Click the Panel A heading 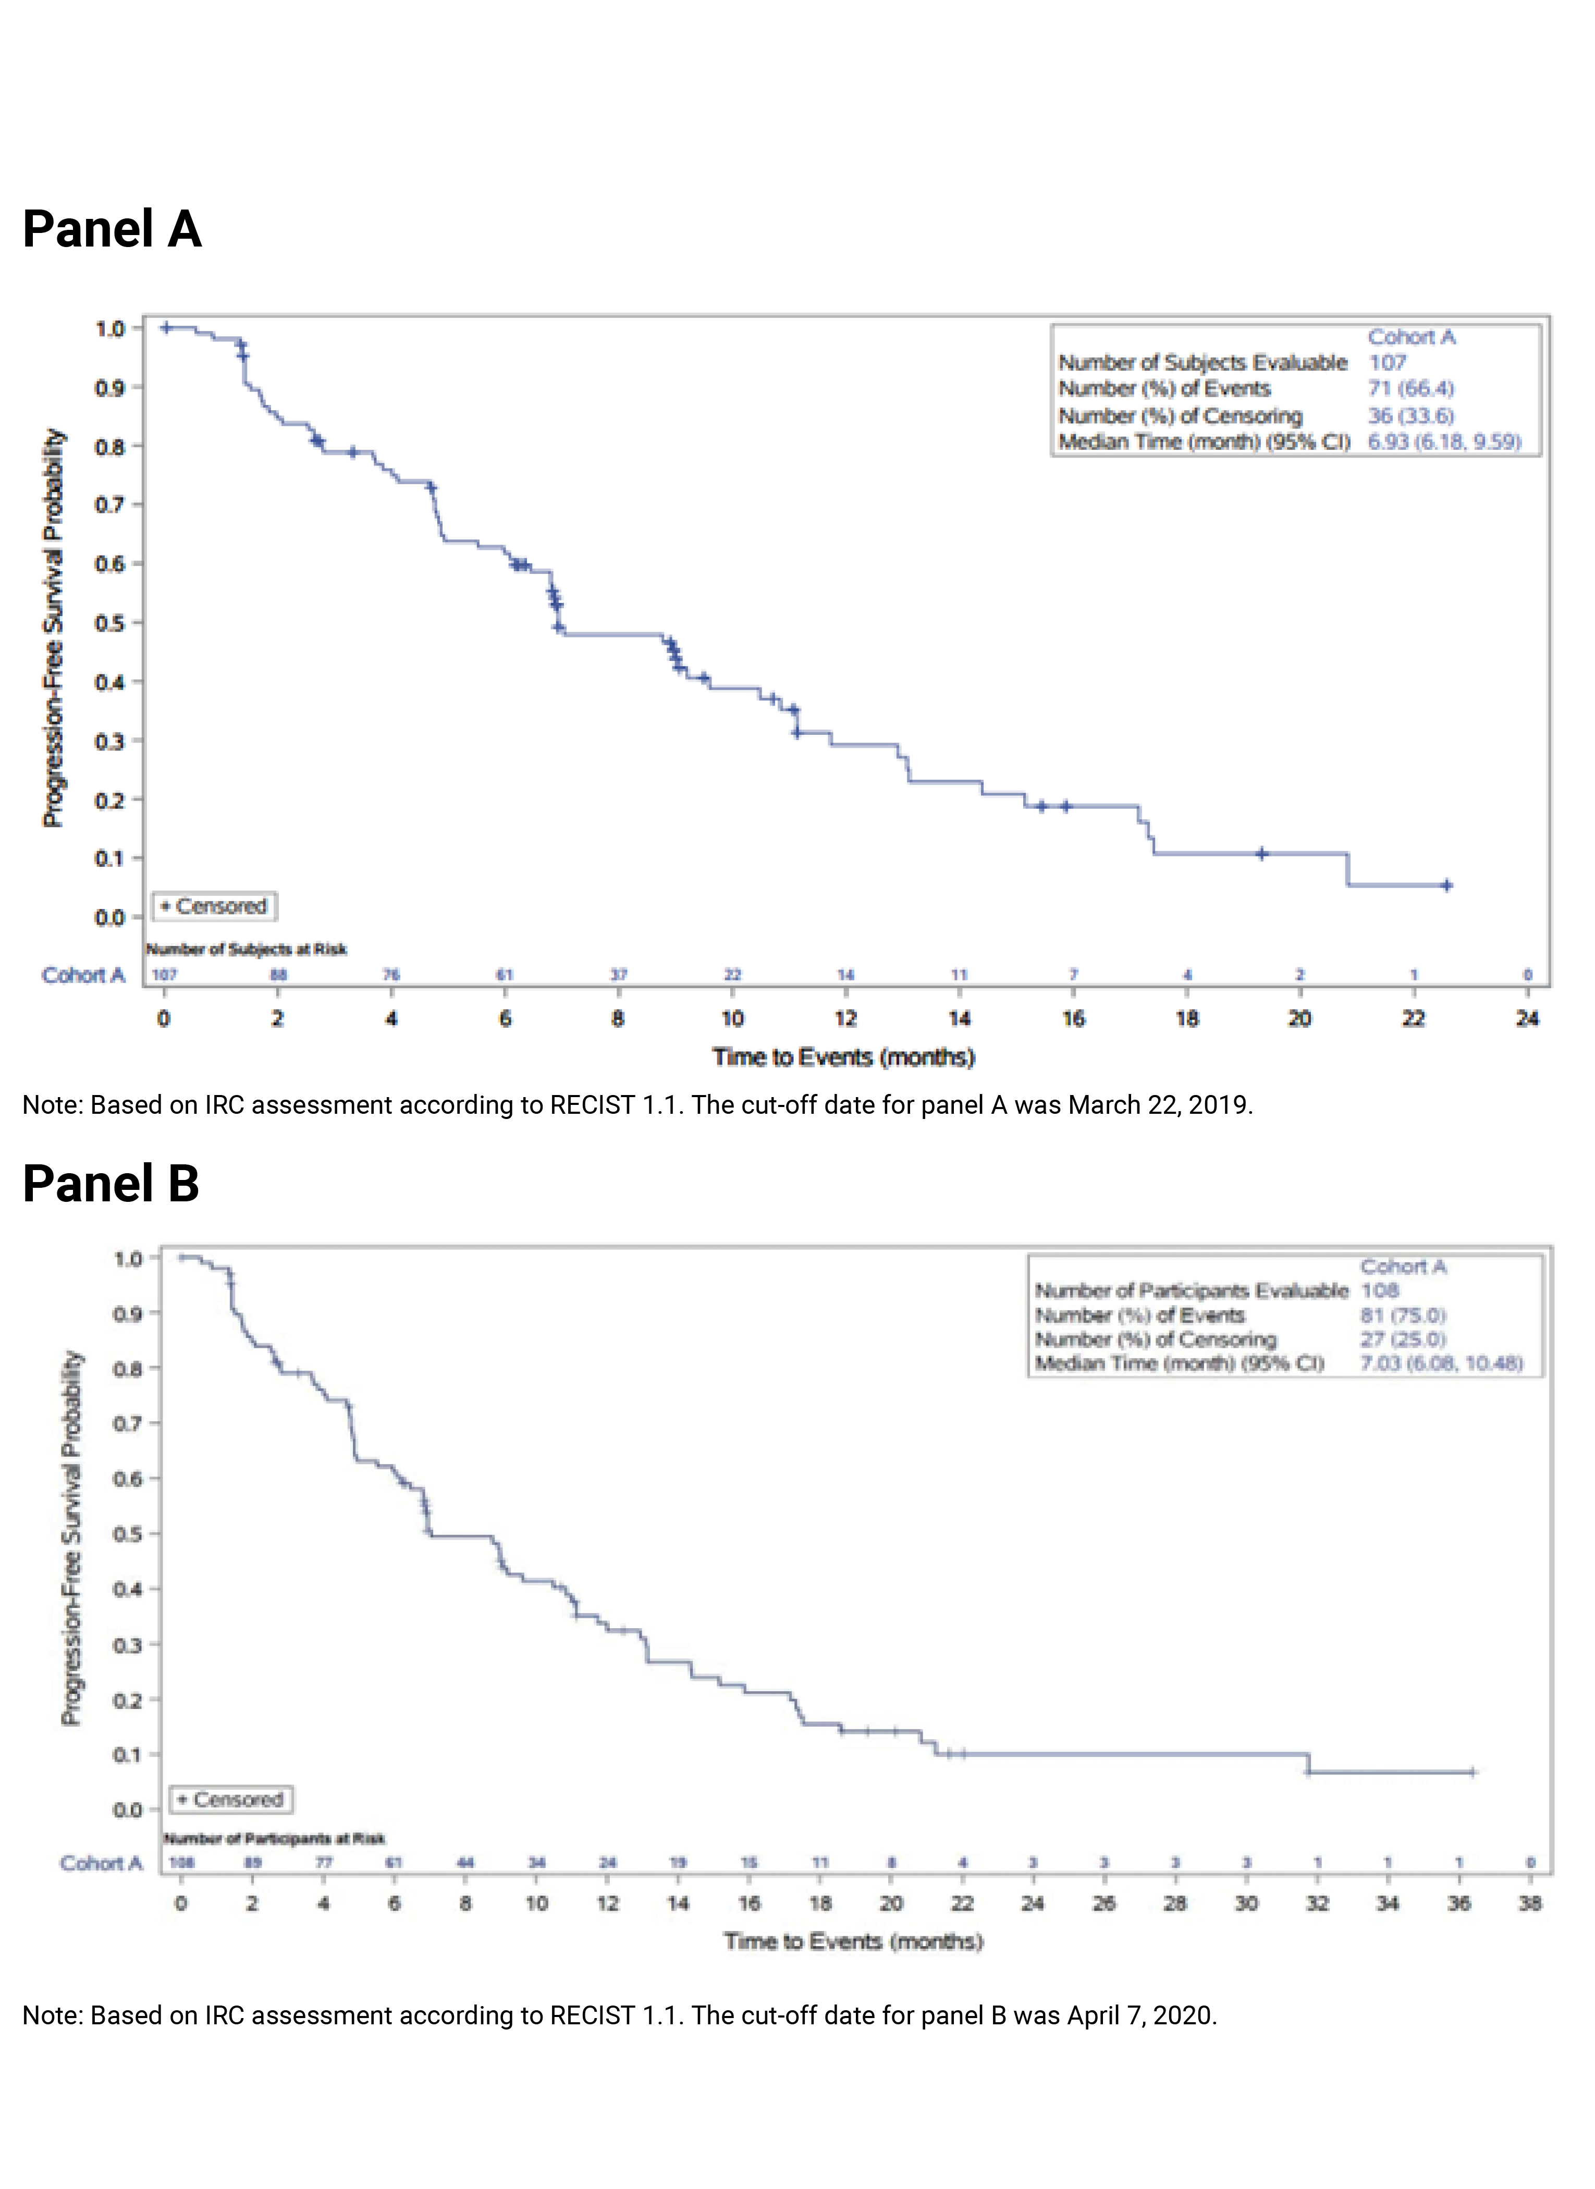112,230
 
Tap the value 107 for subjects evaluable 1388,363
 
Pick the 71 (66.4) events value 1410,389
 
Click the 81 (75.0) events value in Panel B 1403,1315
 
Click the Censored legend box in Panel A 214,906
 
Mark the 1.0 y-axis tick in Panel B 128,1259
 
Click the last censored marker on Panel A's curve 1446,885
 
